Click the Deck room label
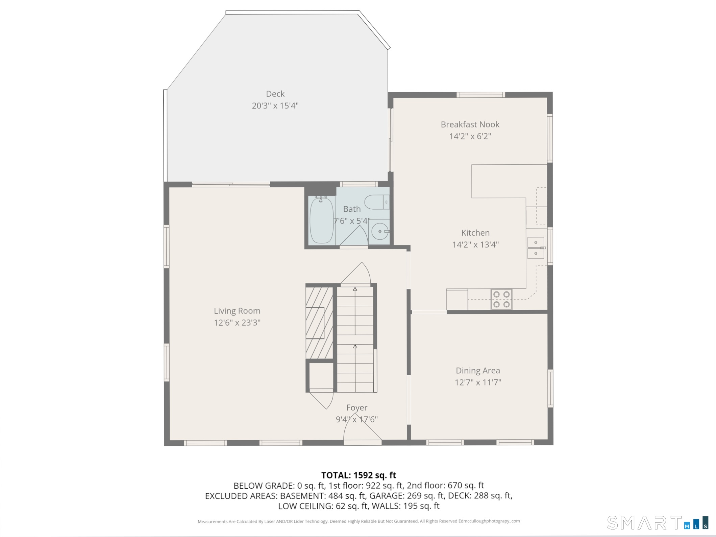coord(275,94)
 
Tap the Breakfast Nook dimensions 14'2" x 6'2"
coord(470,136)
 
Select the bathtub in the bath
coord(321,220)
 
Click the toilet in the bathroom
coord(376,202)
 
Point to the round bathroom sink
coord(380,231)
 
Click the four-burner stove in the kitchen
coord(501,299)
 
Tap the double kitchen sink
coord(536,248)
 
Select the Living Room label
coord(237,311)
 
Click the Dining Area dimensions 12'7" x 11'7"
coord(477,382)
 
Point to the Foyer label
coord(356,408)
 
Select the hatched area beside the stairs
coord(319,323)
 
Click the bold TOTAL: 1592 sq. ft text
coord(358,475)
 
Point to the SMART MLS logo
coord(657,523)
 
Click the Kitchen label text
coord(475,233)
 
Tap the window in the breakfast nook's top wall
coord(480,95)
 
